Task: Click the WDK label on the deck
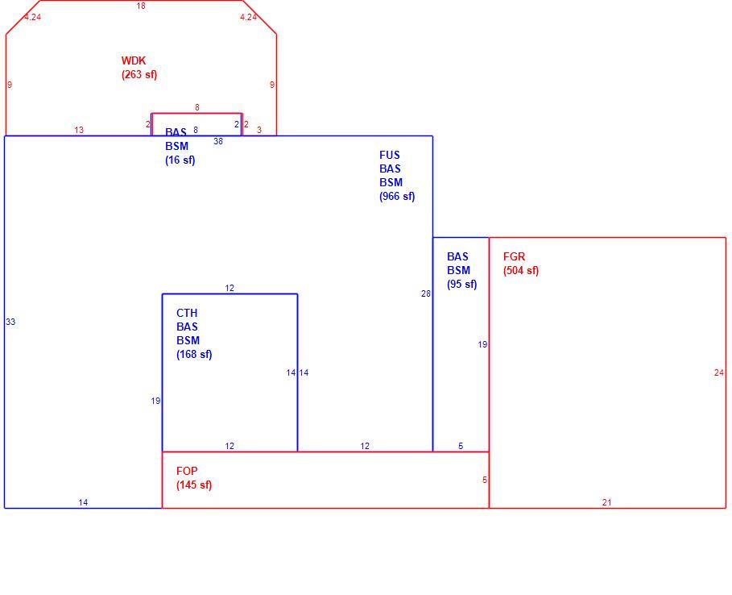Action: (x=134, y=60)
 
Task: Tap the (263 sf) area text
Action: (x=139, y=75)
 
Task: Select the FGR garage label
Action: (x=514, y=256)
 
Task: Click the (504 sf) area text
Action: (x=521, y=271)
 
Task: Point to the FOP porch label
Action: (x=187, y=471)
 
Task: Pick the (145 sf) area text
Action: (x=194, y=485)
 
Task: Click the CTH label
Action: (x=187, y=313)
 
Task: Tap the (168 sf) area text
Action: (x=194, y=354)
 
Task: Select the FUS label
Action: (x=390, y=155)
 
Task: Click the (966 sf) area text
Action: (x=397, y=196)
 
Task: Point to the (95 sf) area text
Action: (x=462, y=284)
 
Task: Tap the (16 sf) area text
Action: (x=180, y=160)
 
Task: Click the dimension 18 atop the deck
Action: (x=141, y=6)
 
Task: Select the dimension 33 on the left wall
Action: (x=10, y=322)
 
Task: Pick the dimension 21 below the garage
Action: (x=606, y=502)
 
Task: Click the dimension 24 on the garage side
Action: (x=719, y=372)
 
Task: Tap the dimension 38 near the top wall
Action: (x=218, y=141)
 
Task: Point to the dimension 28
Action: (x=426, y=293)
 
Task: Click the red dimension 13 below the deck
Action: (x=79, y=130)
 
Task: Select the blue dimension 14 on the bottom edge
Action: (x=83, y=502)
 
